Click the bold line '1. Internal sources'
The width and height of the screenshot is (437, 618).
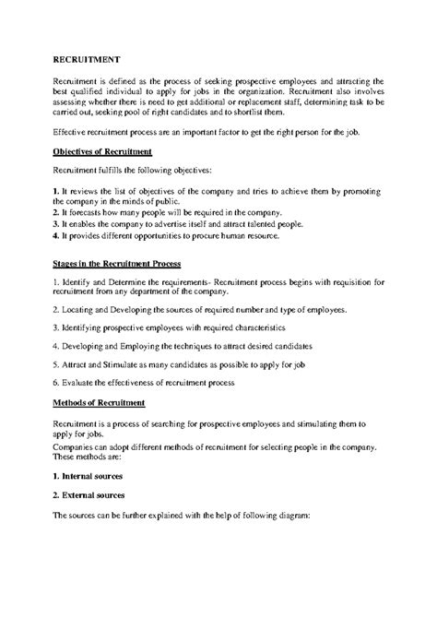click(89, 477)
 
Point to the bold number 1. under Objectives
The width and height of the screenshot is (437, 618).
click(57, 191)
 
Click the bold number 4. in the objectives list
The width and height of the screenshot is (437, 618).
click(57, 236)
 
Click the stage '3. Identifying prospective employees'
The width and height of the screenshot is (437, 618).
click(169, 327)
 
